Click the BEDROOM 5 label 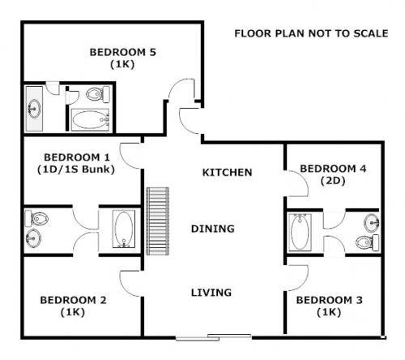122,52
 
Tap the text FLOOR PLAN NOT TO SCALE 311,33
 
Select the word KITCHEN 227,172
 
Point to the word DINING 213,229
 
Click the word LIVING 211,292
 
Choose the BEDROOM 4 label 333,168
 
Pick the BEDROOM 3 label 328,299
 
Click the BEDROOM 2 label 73,299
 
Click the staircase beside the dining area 157,220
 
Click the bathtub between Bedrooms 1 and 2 122,229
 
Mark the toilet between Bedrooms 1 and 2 36,217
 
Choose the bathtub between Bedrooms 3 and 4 298,230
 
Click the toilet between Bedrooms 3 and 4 369,240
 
